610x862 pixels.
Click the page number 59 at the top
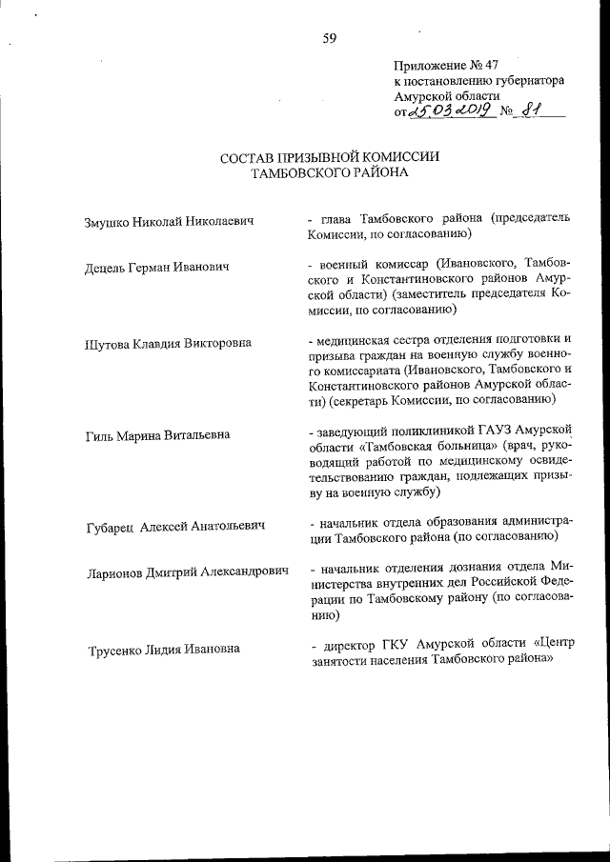tap(330, 38)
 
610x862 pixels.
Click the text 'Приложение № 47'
tap(445, 66)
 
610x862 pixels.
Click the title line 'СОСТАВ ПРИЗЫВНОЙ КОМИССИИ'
tap(331, 157)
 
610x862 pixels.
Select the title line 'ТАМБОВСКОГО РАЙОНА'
tap(330, 173)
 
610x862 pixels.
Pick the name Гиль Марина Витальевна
tap(157, 436)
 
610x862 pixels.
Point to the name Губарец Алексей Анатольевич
tap(174, 526)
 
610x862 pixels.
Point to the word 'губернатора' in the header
tap(524, 81)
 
